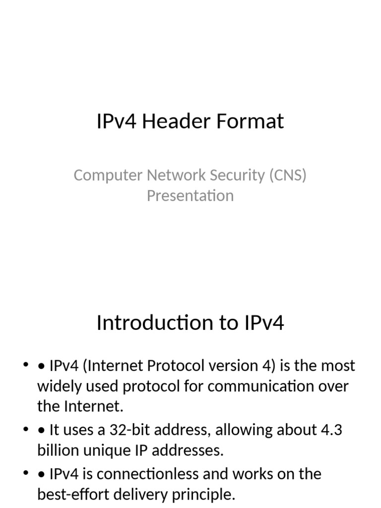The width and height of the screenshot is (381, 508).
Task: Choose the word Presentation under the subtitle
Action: point(190,195)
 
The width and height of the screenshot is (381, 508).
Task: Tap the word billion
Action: point(56,450)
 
